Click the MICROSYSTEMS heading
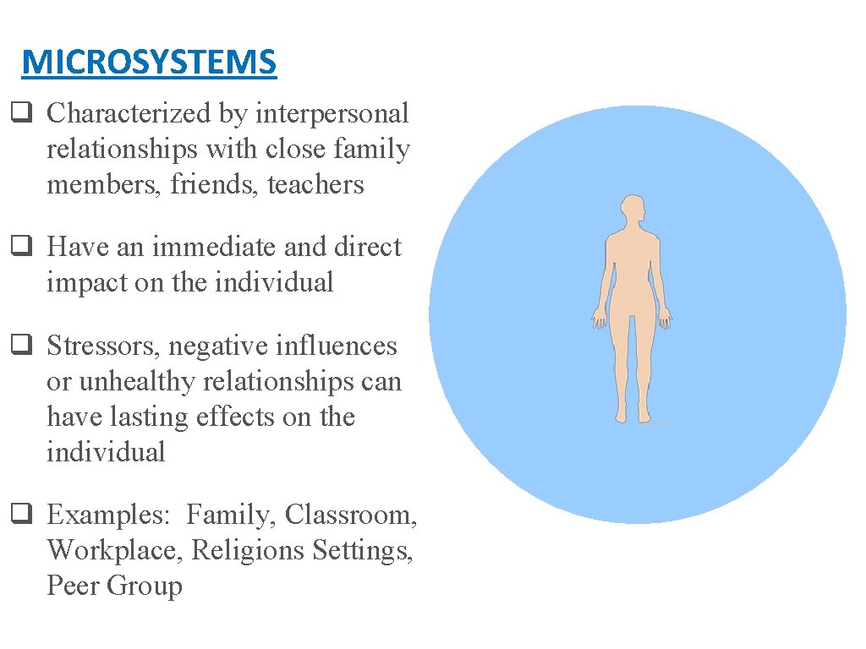[149, 63]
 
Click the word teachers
[315, 184]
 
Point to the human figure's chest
[632, 254]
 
